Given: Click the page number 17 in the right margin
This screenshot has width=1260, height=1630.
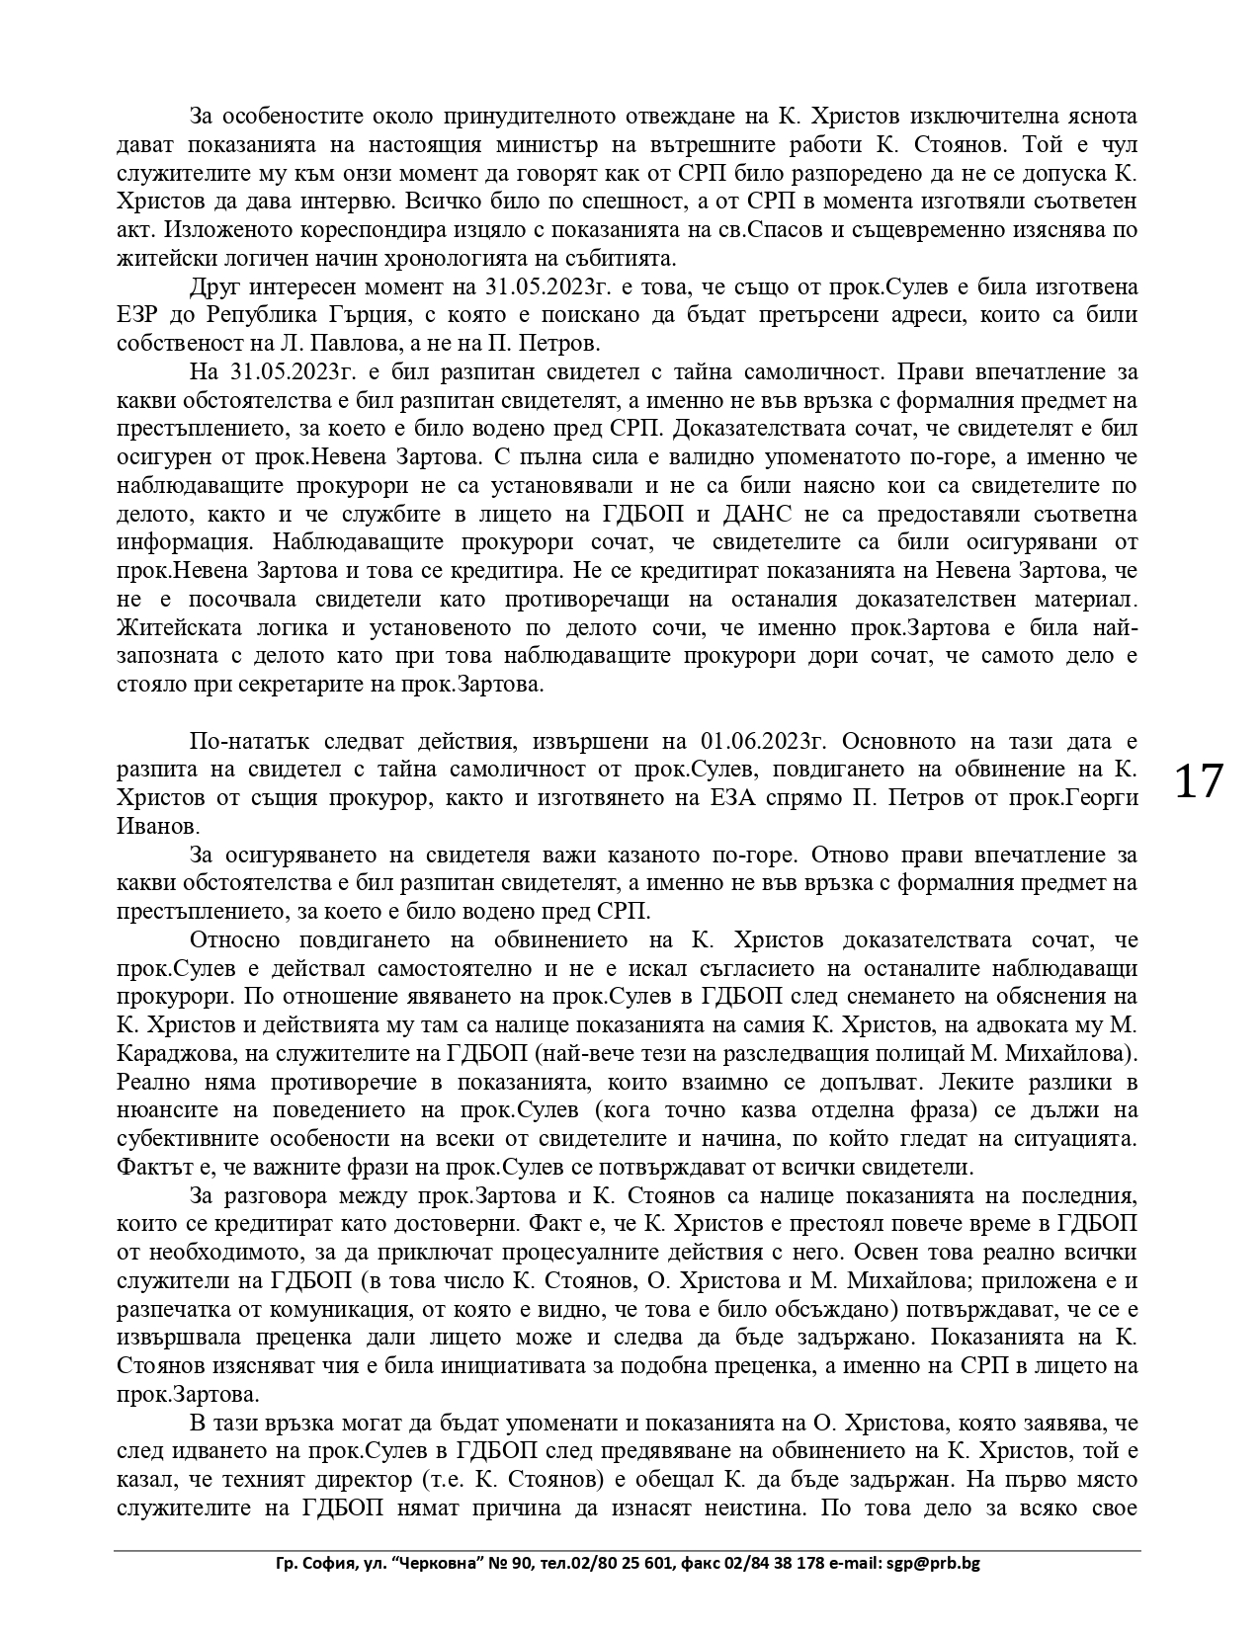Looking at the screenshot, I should point(1198,781).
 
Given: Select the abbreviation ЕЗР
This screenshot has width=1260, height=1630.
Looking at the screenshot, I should point(143,315).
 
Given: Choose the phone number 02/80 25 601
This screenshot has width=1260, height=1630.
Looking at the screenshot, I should point(627,1564).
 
